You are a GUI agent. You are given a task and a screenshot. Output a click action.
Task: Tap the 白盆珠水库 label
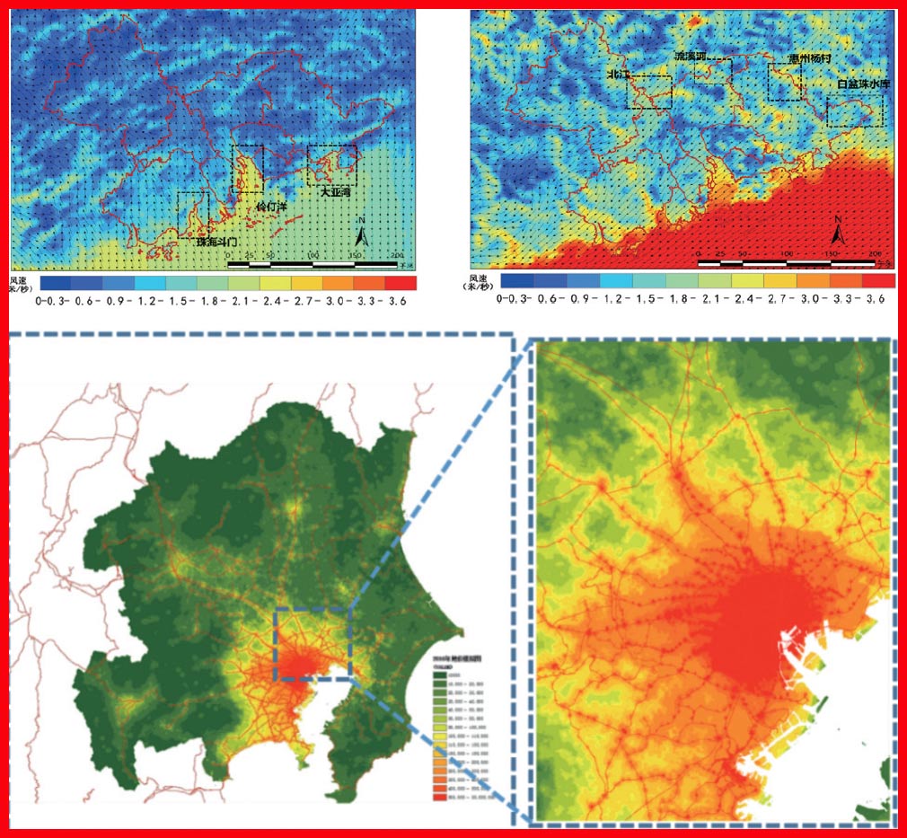[x=861, y=84]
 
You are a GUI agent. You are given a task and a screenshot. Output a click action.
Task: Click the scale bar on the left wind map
[x=312, y=264]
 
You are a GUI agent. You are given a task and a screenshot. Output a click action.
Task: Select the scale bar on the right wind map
[x=786, y=262]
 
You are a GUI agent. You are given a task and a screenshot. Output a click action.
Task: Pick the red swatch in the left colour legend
[x=401, y=284]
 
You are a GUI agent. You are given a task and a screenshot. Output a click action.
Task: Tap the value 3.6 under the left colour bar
[x=397, y=301]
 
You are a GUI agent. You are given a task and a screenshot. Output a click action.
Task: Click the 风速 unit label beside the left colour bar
[x=20, y=284]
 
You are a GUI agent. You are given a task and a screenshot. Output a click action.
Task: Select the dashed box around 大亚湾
[x=331, y=165]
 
